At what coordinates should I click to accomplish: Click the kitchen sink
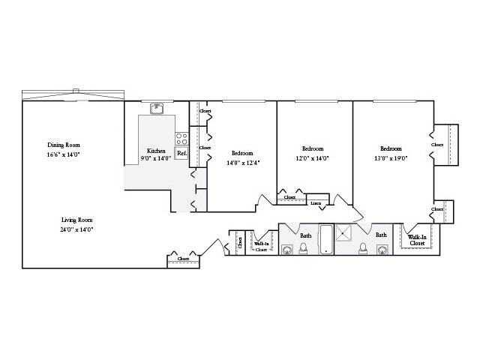[x=157, y=109]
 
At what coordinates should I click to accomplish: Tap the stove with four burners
[x=181, y=138]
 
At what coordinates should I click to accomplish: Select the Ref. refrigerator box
[x=181, y=153]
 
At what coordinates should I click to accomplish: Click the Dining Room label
[x=64, y=145]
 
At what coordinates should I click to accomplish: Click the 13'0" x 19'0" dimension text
[x=391, y=158]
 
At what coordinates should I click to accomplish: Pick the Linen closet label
[x=316, y=202]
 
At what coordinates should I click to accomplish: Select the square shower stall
[x=346, y=233]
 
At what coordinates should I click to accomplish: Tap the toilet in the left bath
[x=304, y=248]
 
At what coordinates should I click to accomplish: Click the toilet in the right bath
[x=363, y=248]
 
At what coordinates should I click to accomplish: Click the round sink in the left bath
[x=287, y=249]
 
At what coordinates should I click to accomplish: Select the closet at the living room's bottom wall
[x=183, y=259]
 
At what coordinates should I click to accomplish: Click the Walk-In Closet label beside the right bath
[x=416, y=240]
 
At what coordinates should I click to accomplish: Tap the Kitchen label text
[x=156, y=151]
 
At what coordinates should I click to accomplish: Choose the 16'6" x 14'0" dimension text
[x=63, y=154]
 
